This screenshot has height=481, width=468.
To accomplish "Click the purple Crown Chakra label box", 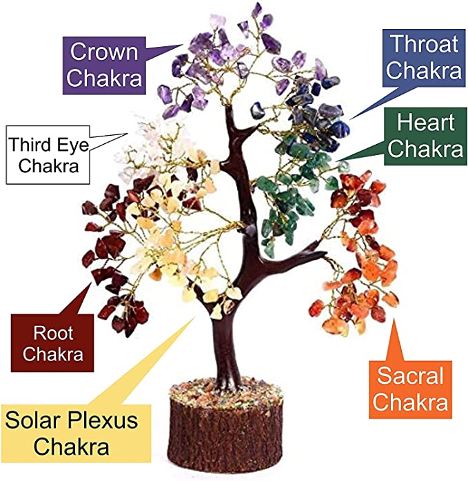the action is [x=104, y=65].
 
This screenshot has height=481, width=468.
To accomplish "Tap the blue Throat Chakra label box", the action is [x=424, y=59].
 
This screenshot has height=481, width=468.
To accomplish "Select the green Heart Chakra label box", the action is [x=425, y=136].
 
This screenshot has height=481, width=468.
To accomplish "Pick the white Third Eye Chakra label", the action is [x=48, y=155].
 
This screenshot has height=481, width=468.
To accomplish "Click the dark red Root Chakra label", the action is [x=52, y=343].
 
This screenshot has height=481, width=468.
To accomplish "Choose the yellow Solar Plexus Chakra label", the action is [x=76, y=433].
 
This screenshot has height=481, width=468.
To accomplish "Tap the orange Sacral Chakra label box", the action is [x=410, y=389].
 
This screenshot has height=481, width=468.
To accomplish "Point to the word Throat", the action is [x=425, y=44].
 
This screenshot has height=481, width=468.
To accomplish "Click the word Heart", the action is [x=426, y=123].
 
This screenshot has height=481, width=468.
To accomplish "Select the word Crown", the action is [x=104, y=52].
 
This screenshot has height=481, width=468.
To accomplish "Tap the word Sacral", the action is [x=411, y=376].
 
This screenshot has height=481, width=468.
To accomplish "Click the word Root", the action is [x=53, y=333].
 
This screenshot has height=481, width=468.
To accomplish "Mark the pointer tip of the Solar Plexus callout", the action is [x=195, y=318].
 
